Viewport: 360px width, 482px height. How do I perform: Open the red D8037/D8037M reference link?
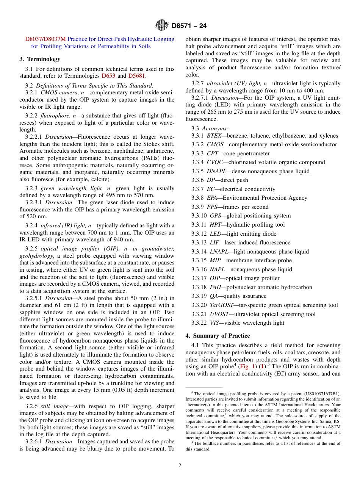pyautogui.click(x=45, y=39)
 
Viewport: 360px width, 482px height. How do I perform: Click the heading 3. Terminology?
pyautogui.click(x=40, y=59)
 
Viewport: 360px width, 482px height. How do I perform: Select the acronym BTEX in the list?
pyautogui.click(x=214, y=136)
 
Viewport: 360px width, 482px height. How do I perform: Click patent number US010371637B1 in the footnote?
pyautogui.click(x=321, y=394)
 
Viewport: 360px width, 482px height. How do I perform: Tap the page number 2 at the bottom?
pyautogui.click(x=180, y=466)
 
